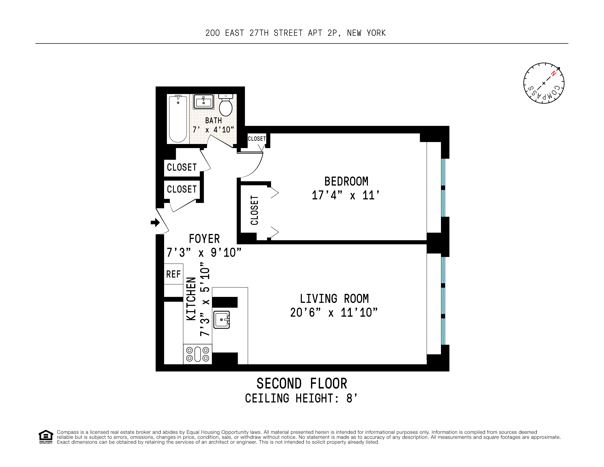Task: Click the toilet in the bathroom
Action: pyautogui.click(x=226, y=106)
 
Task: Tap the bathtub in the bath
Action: pyautogui.click(x=178, y=119)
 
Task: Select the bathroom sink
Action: pyautogui.click(x=203, y=102)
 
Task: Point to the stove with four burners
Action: pyautogui.click(x=197, y=354)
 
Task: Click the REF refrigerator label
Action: pyautogui.click(x=173, y=274)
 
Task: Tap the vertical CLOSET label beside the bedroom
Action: pyautogui.click(x=254, y=210)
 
